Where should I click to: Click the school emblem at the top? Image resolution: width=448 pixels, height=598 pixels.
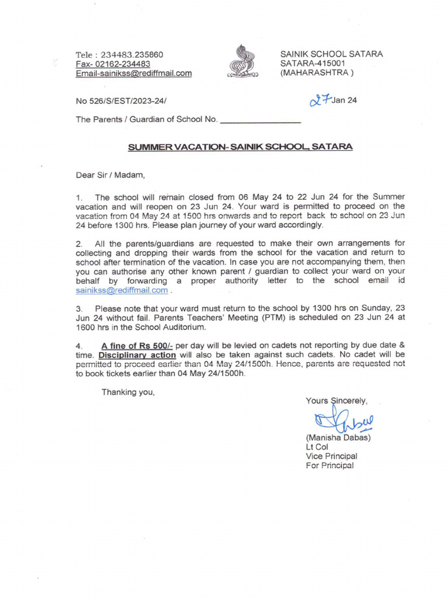click(239, 61)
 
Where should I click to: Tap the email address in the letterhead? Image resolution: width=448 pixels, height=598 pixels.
click(134, 74)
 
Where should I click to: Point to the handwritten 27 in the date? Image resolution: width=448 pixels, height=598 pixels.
click(320, 100)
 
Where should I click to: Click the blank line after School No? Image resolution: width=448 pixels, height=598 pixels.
click(260, 120)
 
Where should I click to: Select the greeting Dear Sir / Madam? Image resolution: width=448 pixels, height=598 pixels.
click(110, 174)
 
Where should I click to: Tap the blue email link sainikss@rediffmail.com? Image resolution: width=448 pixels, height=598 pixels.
click(122, 290)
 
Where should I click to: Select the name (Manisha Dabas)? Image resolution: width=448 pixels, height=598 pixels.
click(338, 437)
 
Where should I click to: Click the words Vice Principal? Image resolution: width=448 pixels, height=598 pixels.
click(331, 456)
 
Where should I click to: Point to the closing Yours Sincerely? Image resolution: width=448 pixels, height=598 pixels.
click(337, 401)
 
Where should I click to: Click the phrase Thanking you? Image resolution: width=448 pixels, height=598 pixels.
click(128, 392)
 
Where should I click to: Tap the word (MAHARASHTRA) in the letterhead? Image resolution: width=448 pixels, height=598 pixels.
click(317, 74)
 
